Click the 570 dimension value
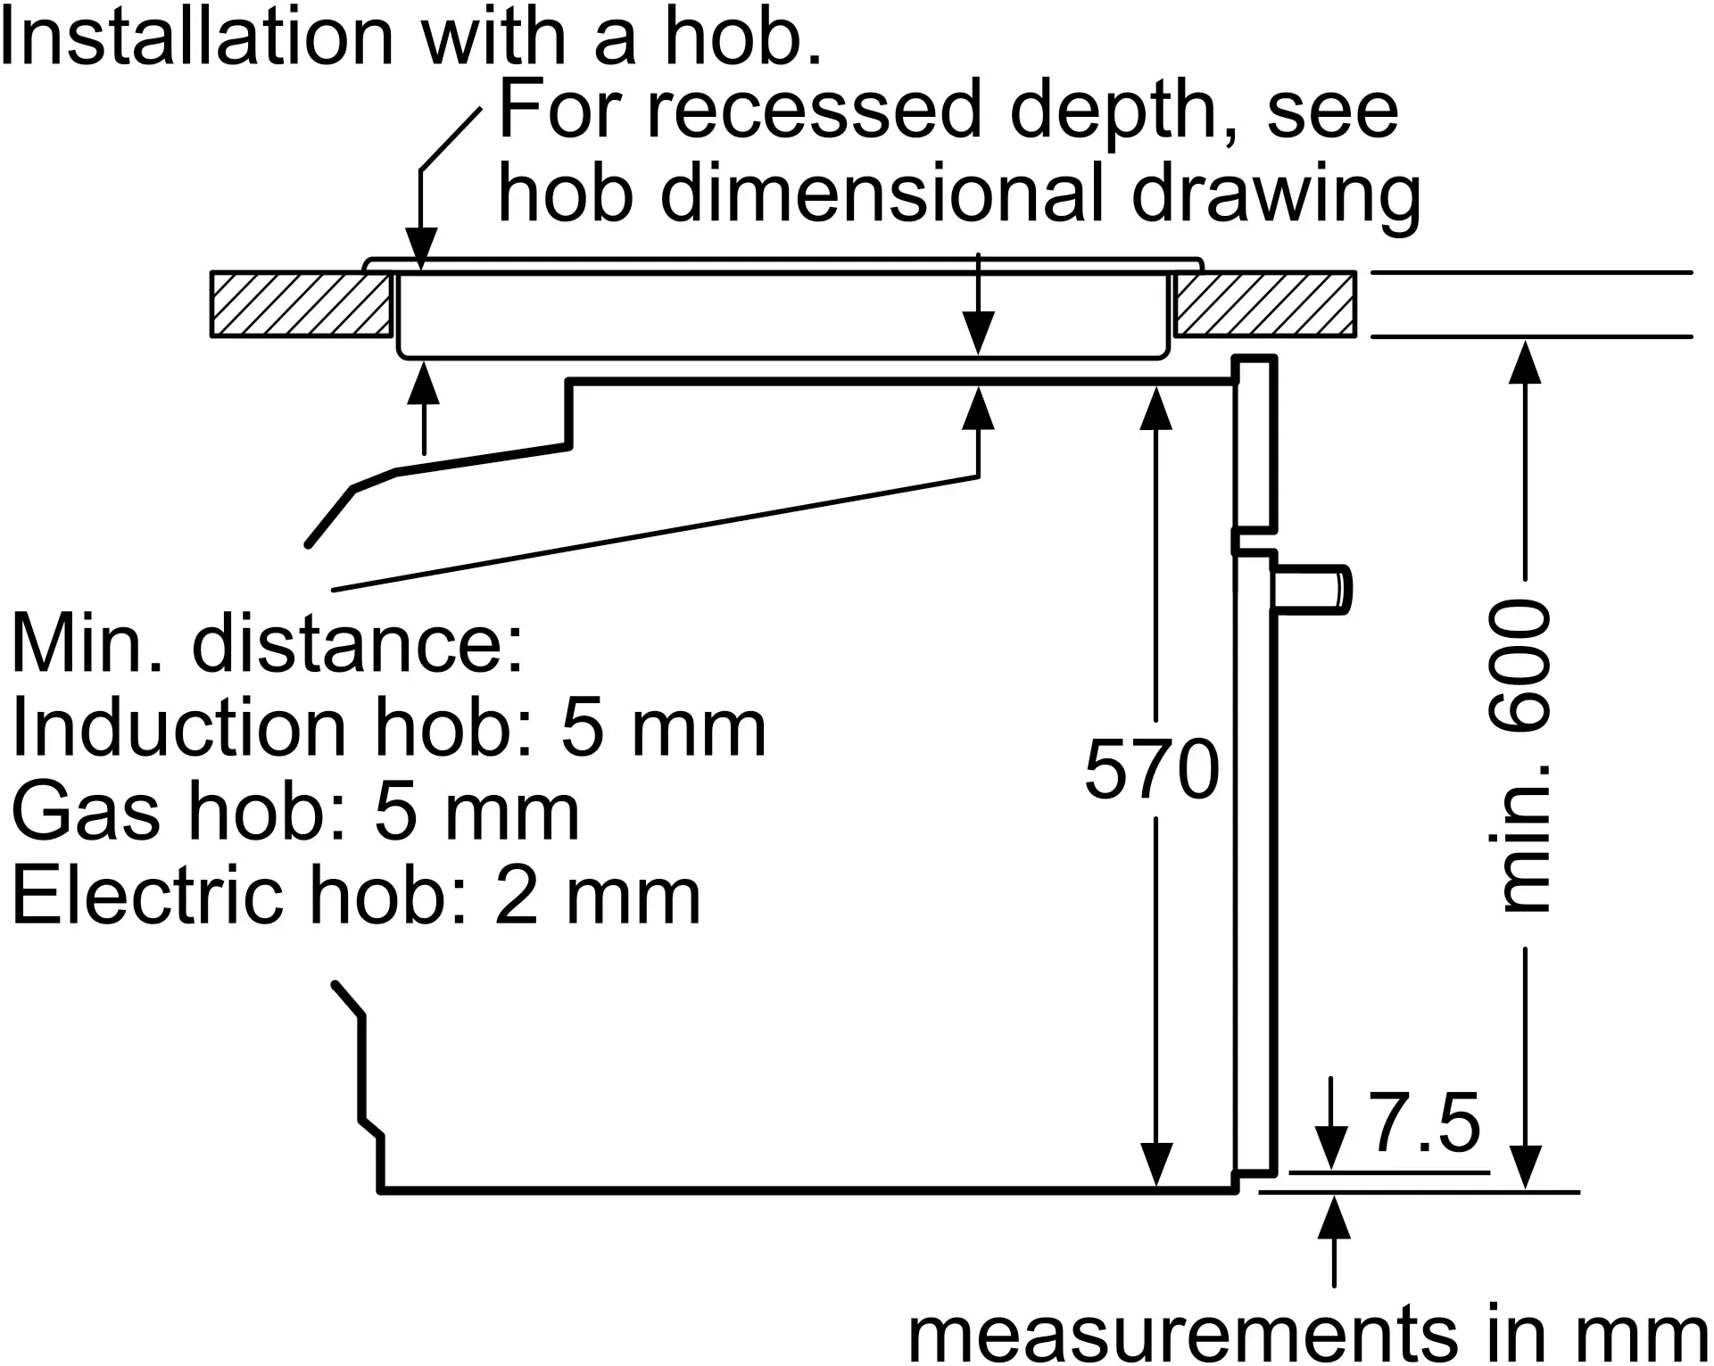click(1151, 769)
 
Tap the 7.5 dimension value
click(1425, 1122)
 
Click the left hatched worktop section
click(301, 304)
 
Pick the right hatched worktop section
click(1264, 304)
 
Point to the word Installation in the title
click(196, 37)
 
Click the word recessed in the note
click(814, 111)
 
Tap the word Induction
click(178, 728)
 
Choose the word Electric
click(147, 896)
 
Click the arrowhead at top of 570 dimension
click(1156, 406)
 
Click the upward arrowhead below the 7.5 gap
click(1334, 1218)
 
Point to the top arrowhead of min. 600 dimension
click(1525, 360)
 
